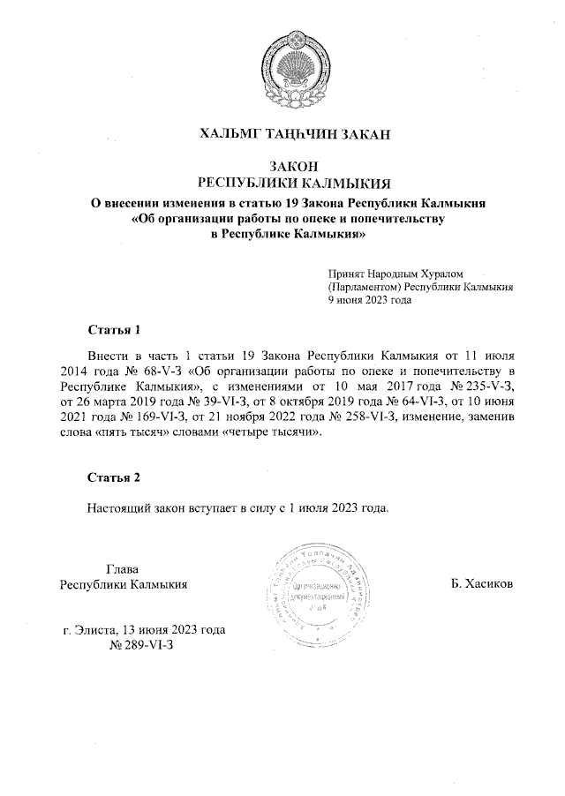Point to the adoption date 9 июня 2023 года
pyautogui.click(x=370, y=299)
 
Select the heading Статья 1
pyautogui.click(x=114, y=331)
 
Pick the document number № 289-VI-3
pyautogui.click(x=141, y=646)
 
